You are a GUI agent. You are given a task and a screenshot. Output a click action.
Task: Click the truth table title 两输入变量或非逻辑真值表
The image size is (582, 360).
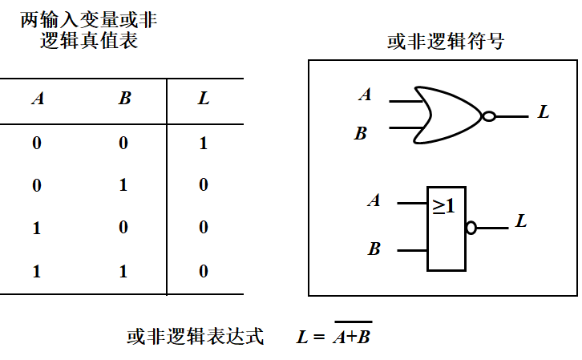(89, 30)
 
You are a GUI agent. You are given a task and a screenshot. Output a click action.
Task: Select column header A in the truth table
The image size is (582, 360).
(37, 99)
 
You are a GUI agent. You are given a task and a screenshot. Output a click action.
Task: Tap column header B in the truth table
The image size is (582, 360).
(124, 99)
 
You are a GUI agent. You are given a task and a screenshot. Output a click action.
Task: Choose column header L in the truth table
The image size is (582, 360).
(204, 99)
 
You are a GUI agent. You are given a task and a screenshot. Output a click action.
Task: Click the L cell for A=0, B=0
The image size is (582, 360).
(204, 144)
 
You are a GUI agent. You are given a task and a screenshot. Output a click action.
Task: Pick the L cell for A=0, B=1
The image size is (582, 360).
(204, 185)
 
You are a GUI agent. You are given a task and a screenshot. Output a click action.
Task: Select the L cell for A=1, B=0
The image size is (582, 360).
(204, 228)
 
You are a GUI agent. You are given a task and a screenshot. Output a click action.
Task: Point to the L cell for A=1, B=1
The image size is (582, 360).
(204, 271)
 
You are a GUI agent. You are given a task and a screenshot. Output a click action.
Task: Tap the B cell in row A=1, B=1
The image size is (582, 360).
(123, 271)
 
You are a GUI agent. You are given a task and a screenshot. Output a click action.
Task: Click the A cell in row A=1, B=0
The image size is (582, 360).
(37, 228)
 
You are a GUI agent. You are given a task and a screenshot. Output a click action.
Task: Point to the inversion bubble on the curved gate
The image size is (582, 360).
(488, 116)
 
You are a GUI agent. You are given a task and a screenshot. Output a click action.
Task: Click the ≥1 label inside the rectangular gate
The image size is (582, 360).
(443, 206)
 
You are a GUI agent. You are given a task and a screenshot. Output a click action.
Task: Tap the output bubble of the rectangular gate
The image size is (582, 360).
(471, 228)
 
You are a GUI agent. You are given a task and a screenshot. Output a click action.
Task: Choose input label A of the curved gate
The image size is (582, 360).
(366, 95)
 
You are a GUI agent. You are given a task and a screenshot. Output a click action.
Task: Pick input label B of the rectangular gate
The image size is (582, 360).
(374, 249)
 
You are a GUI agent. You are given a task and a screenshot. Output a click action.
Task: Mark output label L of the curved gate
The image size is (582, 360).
(543, 113)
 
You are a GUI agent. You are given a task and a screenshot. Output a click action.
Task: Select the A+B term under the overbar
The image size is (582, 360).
(353, 338)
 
